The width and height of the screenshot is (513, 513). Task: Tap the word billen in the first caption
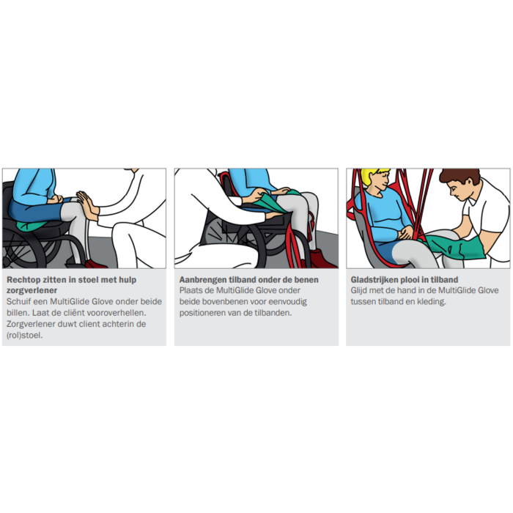coord(18,313)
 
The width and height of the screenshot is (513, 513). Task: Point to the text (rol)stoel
coord(24,336)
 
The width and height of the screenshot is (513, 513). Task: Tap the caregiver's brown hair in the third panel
coord(460,177)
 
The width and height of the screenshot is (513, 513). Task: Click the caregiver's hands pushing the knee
coord(87,205)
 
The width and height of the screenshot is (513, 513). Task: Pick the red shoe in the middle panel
coord(322,259)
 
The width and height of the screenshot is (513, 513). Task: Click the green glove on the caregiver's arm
coord(454,248)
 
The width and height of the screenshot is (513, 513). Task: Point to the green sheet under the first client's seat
coord(32,225)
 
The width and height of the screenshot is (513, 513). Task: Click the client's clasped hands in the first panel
coord(55,199)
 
